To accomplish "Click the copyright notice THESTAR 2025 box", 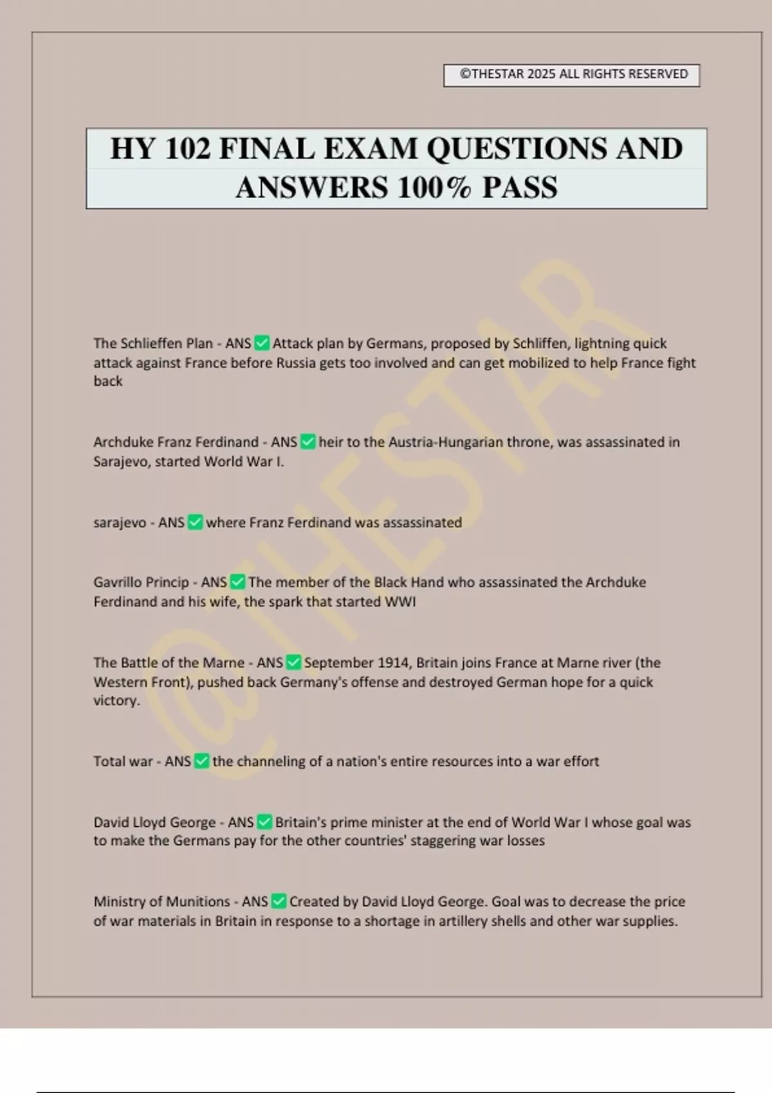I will click(x=571, y=75).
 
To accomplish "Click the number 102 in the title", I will click(x=187, y=149).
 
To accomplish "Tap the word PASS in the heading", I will click(x=520, y=188).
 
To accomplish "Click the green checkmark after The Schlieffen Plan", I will click(x=262, y=343).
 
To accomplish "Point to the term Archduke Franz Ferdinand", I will click(x=176, y=442).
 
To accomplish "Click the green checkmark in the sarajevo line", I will click(x=195, y=523).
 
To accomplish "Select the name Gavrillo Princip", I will click(x=141, y=583).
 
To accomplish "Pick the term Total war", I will click(x=122, y=762).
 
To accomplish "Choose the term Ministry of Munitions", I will click(x=161, y=902).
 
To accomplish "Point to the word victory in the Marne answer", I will click(x=116, y=701).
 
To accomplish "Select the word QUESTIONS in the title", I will click(x=517, y=149).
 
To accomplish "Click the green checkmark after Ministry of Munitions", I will click(x=279, y=902).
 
